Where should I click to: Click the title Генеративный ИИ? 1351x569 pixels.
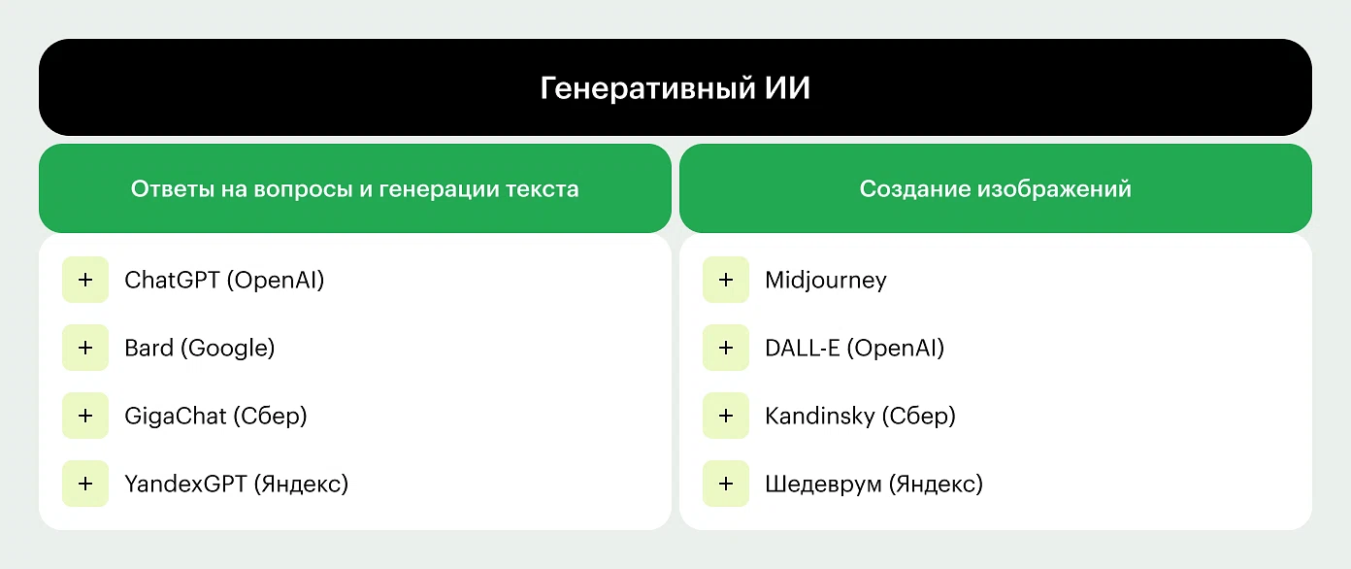click(x=675, y=88)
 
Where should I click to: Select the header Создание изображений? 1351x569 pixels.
click(x=995, y=189)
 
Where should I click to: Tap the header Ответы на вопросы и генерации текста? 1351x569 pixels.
click(x=354, y=189)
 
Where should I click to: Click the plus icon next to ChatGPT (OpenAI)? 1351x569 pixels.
click(x=85, y=280)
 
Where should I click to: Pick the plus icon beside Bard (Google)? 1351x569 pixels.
click(x=85, y=348)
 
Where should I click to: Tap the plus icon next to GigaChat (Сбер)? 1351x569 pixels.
click(x=85, y=416)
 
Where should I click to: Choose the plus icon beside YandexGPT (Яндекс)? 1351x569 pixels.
click(x=85, y=484)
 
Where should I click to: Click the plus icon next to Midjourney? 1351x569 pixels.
click(x=726, y=280)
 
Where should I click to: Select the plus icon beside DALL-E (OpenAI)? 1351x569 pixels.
click(x=726, y=348)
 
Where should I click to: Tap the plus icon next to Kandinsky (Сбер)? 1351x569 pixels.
click(x=726, y=416)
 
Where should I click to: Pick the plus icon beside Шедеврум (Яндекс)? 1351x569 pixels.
click(x=726, y=484)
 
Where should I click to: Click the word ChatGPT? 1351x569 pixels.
click(x=172, y=280)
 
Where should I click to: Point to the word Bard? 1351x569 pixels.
click(x=148, y=348)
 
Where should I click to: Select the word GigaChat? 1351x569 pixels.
click(x=175, y=417)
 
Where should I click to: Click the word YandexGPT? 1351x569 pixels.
click(x=185, y=484)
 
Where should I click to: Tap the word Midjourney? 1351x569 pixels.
click(x=826, y=281)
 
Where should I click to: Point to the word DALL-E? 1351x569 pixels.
click(x=802, y=349)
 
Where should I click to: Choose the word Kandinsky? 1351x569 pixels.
click(x=820, y=417)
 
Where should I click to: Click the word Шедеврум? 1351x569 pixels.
click(x=823, y=485)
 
